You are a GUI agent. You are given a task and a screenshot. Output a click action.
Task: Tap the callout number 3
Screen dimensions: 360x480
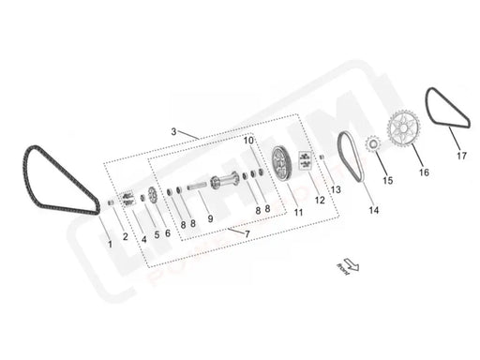tap(173, 131)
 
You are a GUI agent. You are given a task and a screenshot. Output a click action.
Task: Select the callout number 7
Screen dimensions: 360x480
tap(247, 232)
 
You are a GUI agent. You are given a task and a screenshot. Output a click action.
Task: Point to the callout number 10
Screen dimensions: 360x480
tap(249, 141)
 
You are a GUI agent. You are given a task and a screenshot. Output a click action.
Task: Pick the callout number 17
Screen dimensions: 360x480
tap(460, 157)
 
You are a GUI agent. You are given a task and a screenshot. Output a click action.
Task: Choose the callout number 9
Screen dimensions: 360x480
tap(210, 219)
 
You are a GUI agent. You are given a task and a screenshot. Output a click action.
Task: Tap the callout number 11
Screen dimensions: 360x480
tap(298, 213)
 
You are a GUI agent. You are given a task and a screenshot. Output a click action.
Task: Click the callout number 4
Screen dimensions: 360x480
tap(143, 239)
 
